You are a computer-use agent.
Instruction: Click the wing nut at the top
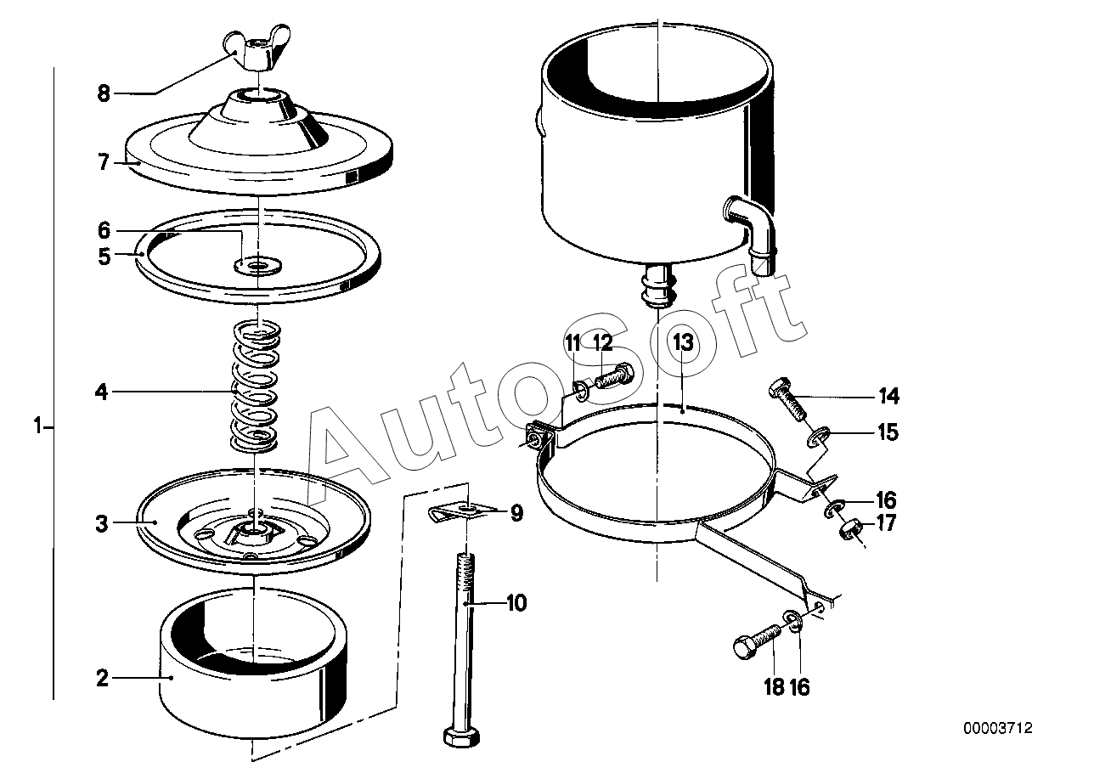[257, 50]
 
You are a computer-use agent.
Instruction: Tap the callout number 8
[104, 93]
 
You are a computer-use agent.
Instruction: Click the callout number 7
[103, 162]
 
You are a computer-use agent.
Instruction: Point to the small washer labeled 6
[258, 265]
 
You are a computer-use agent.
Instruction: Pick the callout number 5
[104, 257]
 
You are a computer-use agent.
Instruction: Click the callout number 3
[102, 524]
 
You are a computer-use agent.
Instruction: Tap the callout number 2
[102, 678]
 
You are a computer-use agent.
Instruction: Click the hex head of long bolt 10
[461, 736]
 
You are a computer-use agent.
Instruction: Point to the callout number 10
[516, 603]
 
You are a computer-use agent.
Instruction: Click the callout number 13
[683, 342]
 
